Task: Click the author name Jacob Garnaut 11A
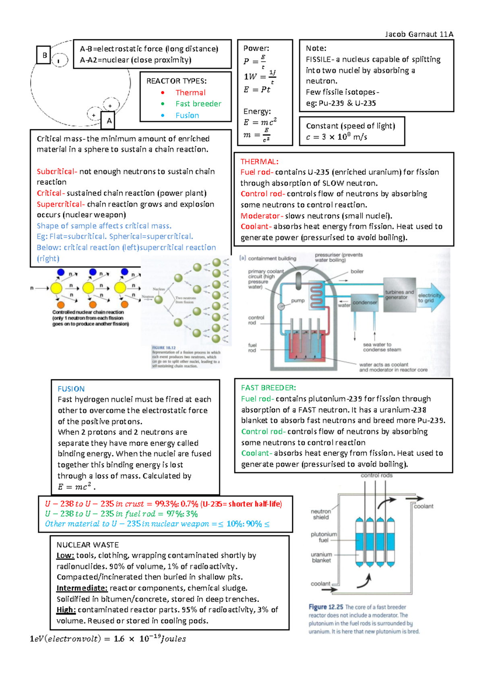[419, 34]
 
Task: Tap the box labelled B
[44, 55]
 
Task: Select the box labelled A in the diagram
[109, 120]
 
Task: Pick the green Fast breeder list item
[198, 104]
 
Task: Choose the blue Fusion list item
[187, 116]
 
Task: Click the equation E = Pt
[257, 89]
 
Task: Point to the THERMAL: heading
[259, 161]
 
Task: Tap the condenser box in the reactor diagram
[365, 302]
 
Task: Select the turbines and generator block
[399, 295]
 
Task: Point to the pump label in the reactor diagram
[298, 300]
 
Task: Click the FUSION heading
[71, 389]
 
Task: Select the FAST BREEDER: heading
[268, 388]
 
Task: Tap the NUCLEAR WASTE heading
[87, 545]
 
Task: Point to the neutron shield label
[321, 514]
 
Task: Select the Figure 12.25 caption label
[326, 607]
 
